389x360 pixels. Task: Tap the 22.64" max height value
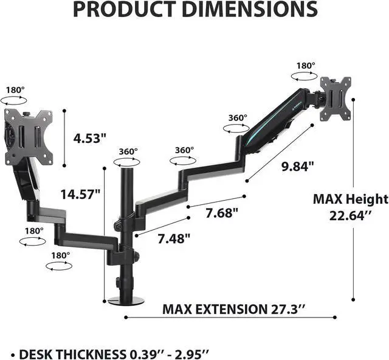[349, 216]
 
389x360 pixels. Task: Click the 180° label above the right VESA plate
[305, 66]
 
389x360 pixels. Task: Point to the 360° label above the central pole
[128, 151]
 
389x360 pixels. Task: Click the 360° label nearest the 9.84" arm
[238, 118]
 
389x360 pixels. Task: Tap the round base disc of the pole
[125, 300]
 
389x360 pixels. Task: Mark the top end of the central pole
[128, 171]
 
